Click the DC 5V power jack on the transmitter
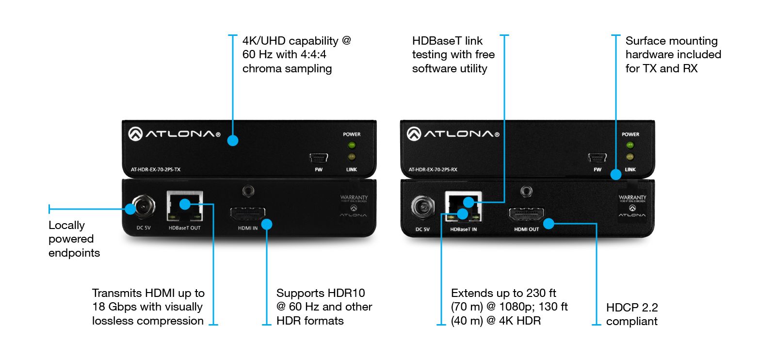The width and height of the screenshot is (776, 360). pyautogui.click(x=144, y=208)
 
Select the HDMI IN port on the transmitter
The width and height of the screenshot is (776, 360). pyautogui.click(x=248, y=214)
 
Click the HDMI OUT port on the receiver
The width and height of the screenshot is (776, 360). pyautogui.click(x=526, y=215)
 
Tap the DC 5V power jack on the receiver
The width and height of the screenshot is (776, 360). pyautogui.click(x=422, y=208)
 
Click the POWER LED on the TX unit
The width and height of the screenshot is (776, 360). pyautogui.click(x=352, y=145)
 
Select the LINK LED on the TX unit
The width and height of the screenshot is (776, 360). pyautogui.click(x=352, y=157)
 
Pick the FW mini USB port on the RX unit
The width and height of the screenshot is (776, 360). pyautogui.click(x=597, y=158)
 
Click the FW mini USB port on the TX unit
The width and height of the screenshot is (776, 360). pyautogui.click(x=319, y=158)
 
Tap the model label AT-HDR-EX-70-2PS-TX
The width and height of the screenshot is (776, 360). pyautogui.click(x=156, y=170)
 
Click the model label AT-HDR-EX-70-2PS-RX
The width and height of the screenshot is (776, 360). pyautogui.click(x=433, y=170)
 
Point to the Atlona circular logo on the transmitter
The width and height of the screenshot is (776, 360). pyautogui.click(x=135, y=134)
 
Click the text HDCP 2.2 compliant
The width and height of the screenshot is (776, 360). pyautogui.click(x=632, y=314)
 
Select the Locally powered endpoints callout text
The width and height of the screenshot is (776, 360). pyautogui.click(x=74, y=239)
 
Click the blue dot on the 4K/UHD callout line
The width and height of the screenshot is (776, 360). pyautogui.click(x=233, y=141)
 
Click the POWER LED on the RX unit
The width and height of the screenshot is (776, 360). pyautogui.click(x=630, y=145)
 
